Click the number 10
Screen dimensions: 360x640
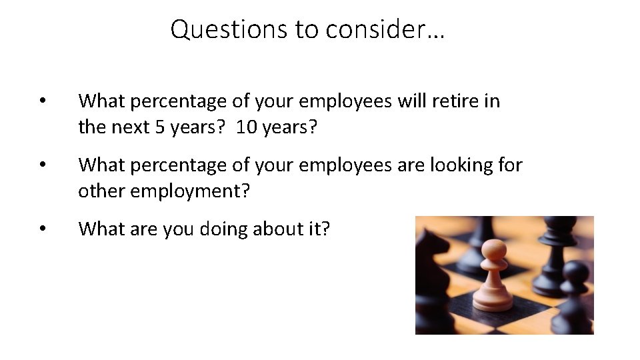pos(246,127)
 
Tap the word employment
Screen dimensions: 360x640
pos(191,192)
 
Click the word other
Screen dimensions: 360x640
pos(101,192)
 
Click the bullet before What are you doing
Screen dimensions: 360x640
pos(42,229)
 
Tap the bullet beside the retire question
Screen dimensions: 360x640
pos(42,102)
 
